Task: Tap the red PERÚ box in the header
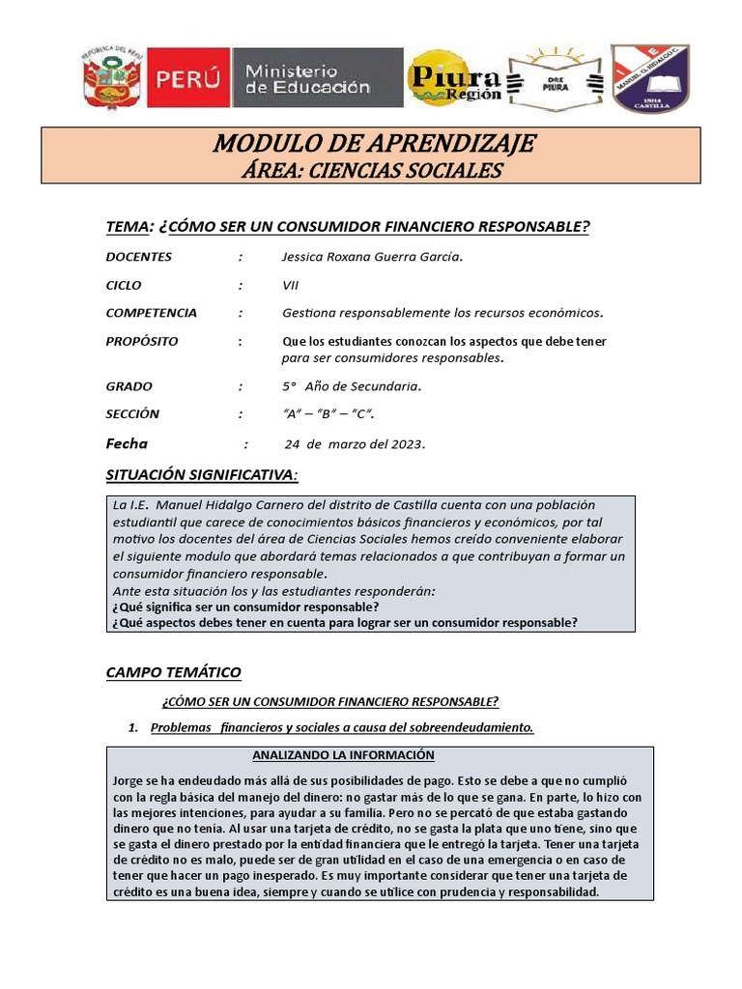[188, 78]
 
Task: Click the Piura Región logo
[454, 80]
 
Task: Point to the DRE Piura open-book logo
[556, 79]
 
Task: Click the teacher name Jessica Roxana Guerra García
[358, 257]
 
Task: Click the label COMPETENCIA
[151, 313]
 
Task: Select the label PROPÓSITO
[142, 342]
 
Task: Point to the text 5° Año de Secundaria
[352, 386]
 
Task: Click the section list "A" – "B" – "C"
[328, 414]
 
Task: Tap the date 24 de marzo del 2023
[355, 444]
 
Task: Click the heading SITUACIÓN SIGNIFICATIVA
[201, 474]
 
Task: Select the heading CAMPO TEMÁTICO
[173, 672]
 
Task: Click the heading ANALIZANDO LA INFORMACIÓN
[343, 755]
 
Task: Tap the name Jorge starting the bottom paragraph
[129, 779]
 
